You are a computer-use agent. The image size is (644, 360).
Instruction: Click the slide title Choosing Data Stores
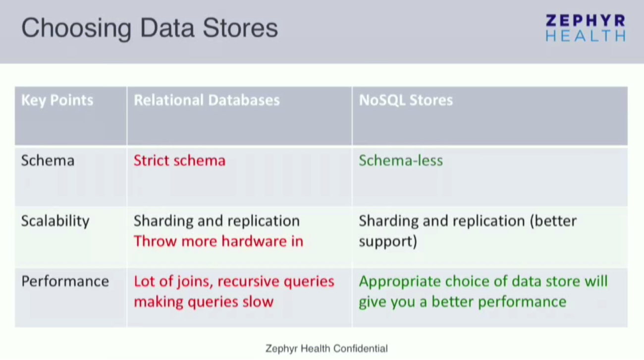pyautogui.click(x=149, y=28)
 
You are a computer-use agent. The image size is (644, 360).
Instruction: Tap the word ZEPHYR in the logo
pyautogui.click(x=585, y=21)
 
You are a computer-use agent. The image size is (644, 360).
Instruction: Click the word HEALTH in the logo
pyautogui.click(x=585, y=36)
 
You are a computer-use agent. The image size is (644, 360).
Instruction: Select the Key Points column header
pyautogui.click(x=57, y=100)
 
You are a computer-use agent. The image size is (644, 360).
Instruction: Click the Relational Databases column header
pyautogui.click(x=207, y=100)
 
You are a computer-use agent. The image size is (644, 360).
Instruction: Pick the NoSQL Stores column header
pyautogui.click(x=406, y=100)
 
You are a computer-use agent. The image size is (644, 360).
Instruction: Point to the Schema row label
pyautogui.click(x=48, y=160)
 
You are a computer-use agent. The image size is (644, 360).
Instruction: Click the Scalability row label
pyautogui.click(x=55, y=221)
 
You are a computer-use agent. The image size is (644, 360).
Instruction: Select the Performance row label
pyautogui.click(x=65, y=281)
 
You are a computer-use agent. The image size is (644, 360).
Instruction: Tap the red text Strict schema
pyautogui.click(x=179, y=160)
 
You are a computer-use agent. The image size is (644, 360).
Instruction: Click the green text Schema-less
pyautogui.click(x=400, y=160)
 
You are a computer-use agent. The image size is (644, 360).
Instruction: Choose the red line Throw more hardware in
pyautogui.click(x=218, y=241)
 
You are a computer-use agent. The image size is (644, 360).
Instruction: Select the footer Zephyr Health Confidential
pyautogui.click(x=326, y=349)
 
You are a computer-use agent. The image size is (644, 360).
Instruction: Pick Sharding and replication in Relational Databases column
pyautogui.click(x=216, y=221)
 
